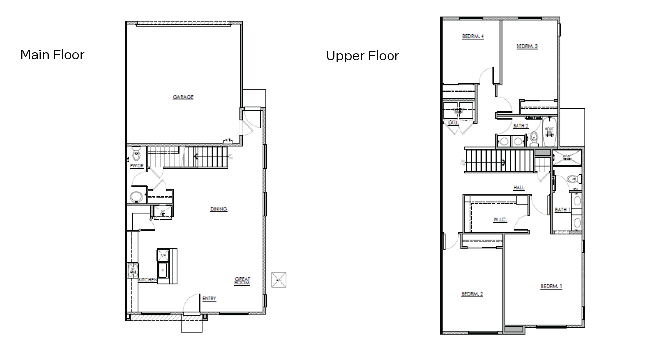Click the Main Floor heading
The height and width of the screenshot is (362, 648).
pos(52,55)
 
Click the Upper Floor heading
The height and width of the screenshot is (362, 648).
pos(362,56)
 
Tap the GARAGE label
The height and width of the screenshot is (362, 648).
pos(183,97)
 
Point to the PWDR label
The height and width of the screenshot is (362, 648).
pos(136,166)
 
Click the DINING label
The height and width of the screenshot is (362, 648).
pos(218,209)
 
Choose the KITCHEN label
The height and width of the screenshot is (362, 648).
pos(148,280)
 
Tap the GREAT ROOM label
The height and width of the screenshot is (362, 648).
pos(242,281)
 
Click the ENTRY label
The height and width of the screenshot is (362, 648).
pos(209,299)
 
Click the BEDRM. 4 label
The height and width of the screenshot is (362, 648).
pos(473,37)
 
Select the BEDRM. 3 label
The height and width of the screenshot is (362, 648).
pos(526,46)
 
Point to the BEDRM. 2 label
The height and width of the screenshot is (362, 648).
pos(472,294)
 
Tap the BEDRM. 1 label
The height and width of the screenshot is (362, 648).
pos(551,287)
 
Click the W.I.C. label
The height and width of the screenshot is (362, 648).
pos(500,220)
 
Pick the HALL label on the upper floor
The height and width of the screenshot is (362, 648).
pos(518,188)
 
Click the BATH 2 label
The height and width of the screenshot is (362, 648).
pos(520,126)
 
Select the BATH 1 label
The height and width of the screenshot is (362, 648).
pos(562,210)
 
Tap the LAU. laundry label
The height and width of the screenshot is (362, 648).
pos(452,121)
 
